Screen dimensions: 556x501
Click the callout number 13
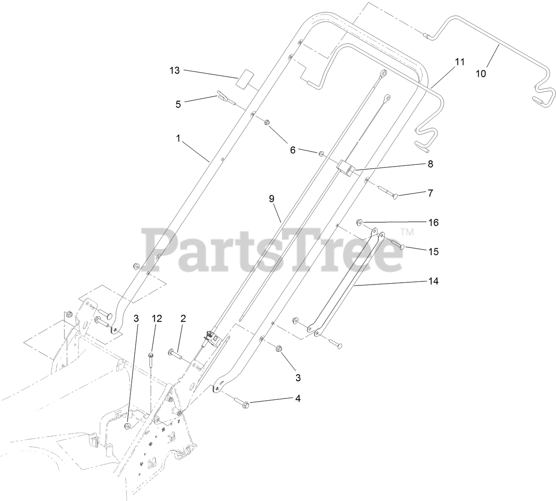(x=175, y=70)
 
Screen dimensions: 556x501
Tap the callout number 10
(x=480, y=74)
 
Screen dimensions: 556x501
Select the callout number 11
(x=460, y=62)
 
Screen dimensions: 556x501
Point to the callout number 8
(x=430, y=164)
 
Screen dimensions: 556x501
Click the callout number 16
(x=434, y=223)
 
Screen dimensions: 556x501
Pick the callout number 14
(x=434, y=281)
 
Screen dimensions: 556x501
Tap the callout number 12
(x=157, y=319)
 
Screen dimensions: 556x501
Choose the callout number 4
(x=298, y=399)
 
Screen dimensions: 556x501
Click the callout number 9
(x=272, y=199)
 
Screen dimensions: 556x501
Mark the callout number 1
(x=178, y=139)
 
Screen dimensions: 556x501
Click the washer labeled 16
(x=359, y=221)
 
